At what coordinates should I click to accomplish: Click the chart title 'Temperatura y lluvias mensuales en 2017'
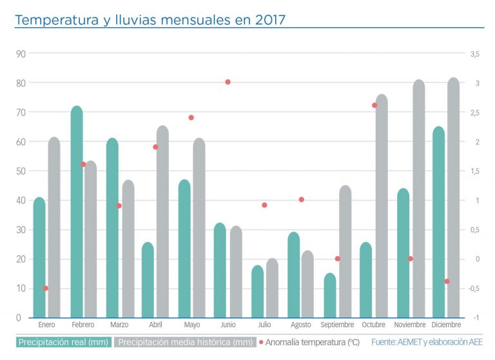coord(150,20)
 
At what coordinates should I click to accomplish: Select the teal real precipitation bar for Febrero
coord(77,213)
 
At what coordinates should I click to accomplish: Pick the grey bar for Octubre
coord(382,206)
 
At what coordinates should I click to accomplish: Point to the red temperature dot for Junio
coord(228,82)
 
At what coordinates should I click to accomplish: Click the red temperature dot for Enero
coord(46,288)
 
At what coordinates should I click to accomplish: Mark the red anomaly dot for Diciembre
coord(447,281)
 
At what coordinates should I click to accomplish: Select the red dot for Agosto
coord(301,199)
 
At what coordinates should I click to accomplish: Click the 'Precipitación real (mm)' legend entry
coord(63,342)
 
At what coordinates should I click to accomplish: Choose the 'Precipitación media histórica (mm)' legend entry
coord(186,342)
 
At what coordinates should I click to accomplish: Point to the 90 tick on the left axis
coord(21,54)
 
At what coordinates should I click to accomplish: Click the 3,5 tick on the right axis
coord(474,54)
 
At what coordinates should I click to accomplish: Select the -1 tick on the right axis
coord(474,317)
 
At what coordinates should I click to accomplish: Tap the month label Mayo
coord(192,325)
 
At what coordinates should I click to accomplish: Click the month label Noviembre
coord(410,325)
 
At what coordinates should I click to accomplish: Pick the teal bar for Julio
coord(258,292)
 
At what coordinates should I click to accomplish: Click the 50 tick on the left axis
coord(21,171)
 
